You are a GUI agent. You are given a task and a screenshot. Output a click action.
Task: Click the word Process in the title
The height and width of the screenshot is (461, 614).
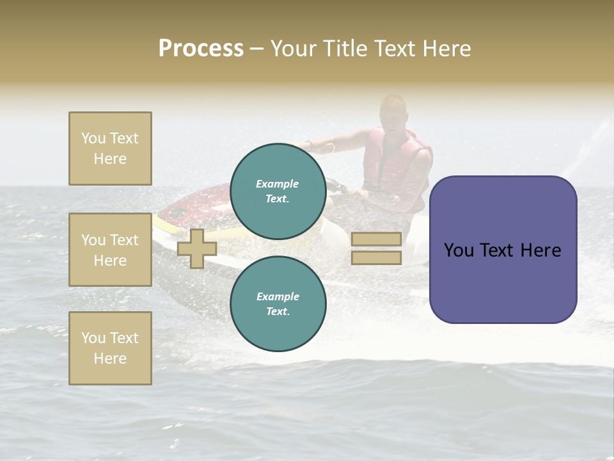[x=201, y=49]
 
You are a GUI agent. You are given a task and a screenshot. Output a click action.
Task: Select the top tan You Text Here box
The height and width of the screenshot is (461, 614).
[x=110, y=149]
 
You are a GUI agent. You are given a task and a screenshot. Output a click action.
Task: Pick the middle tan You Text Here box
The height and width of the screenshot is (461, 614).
[x=110, y=250]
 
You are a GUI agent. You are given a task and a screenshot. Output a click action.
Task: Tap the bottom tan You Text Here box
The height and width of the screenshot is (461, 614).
[x=110, y=348]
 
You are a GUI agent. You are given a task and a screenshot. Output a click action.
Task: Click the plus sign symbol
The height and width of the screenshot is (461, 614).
[x=197, y=248]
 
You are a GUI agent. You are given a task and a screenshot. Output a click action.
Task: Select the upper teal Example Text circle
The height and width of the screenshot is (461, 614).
[x=278, y=191]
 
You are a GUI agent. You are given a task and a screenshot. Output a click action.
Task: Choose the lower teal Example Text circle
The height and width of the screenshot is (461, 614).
[x=278, y=304]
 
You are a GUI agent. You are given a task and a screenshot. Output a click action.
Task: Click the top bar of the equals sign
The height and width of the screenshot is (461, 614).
[x=376, y=239]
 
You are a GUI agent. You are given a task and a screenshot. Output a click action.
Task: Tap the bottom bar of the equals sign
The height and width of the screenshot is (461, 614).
[x=376, y=258]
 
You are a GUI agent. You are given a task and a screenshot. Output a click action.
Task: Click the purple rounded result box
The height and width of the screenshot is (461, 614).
[x=503, y=250]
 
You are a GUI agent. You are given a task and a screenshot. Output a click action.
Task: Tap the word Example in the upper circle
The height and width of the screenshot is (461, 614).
[x=278, y=184]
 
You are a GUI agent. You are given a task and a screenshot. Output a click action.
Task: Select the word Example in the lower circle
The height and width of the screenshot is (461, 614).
[x=278, y=296]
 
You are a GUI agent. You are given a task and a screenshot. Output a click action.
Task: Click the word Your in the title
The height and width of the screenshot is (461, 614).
[x=295, y=49]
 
